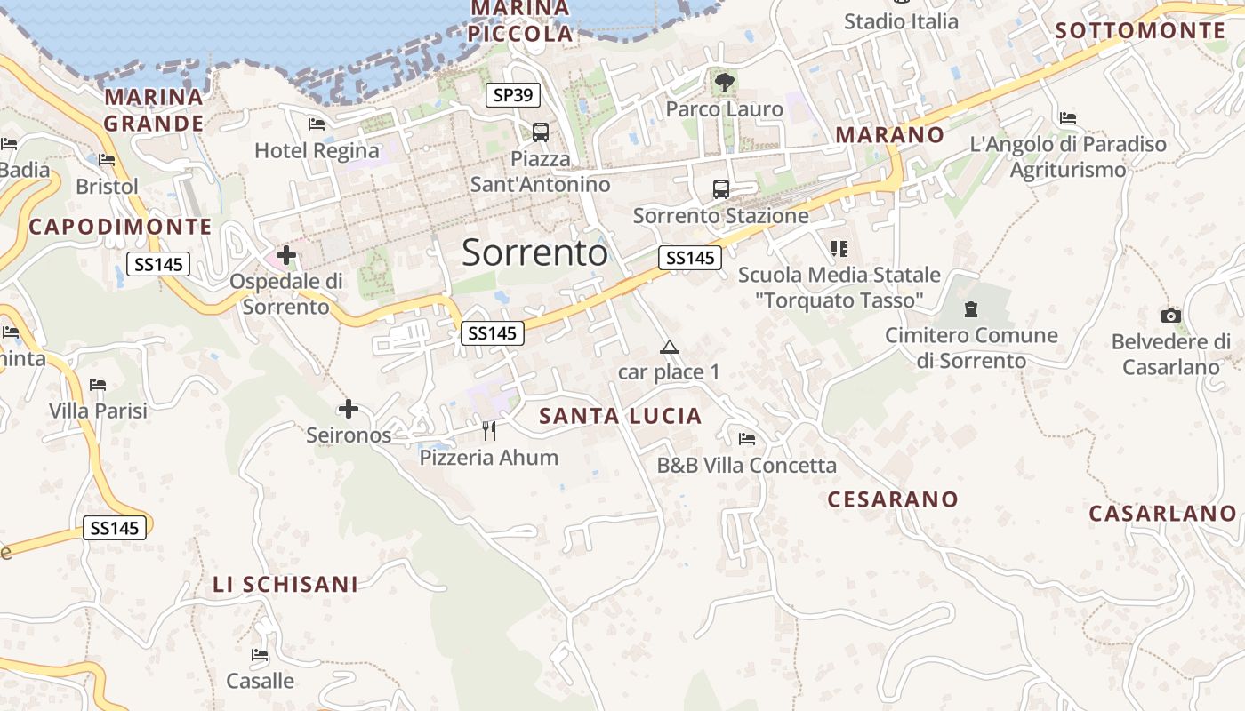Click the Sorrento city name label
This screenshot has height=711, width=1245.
pyautogui.click(x=534, y=253)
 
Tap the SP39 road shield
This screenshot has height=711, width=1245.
pyautogui.click(x=513, y=95)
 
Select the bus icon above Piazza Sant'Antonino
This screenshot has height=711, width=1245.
pyautogui.click(x=540, y=132)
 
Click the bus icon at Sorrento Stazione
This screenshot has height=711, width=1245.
pyautogui.click(x=720, y=189)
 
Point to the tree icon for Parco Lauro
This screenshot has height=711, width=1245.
pyautogui.click(x=725, y=83)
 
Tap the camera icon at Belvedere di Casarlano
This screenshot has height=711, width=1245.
pyautogui.click(x=1171, y=316)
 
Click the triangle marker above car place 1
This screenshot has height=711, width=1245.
pyautogui.click(x=670, y=347)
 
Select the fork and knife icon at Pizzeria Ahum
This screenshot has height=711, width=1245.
pyautogui.click(x=488, y=431)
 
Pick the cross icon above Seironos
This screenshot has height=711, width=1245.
pyautogui.click(x=349, y=409)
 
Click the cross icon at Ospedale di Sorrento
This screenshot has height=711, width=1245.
pyautogui.click(x=286, y=256)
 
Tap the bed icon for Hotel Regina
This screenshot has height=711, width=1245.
pyautogui.click(x=317, y=124)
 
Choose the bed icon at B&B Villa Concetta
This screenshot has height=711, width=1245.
pyautogui.click(x=747, y=439)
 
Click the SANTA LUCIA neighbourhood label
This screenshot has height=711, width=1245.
pyautogui.click(x=621, y=416)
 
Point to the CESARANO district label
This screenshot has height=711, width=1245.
pyautogui.click(x=893, y=499)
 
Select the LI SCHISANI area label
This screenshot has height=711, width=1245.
pyautogui.click(x=285, y=585)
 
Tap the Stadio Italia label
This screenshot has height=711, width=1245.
pyautogui.click(x=901, y=21)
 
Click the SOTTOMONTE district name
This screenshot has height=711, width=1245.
pyautogui.click(x=1140, y=31)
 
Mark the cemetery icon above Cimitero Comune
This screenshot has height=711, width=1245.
pyautogui.click(x=971, y=309)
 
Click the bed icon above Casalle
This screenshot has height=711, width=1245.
pyautogui.click(x=260, y=655)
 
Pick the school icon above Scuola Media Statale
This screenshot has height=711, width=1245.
pyautogui.click(x=839, y=249)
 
